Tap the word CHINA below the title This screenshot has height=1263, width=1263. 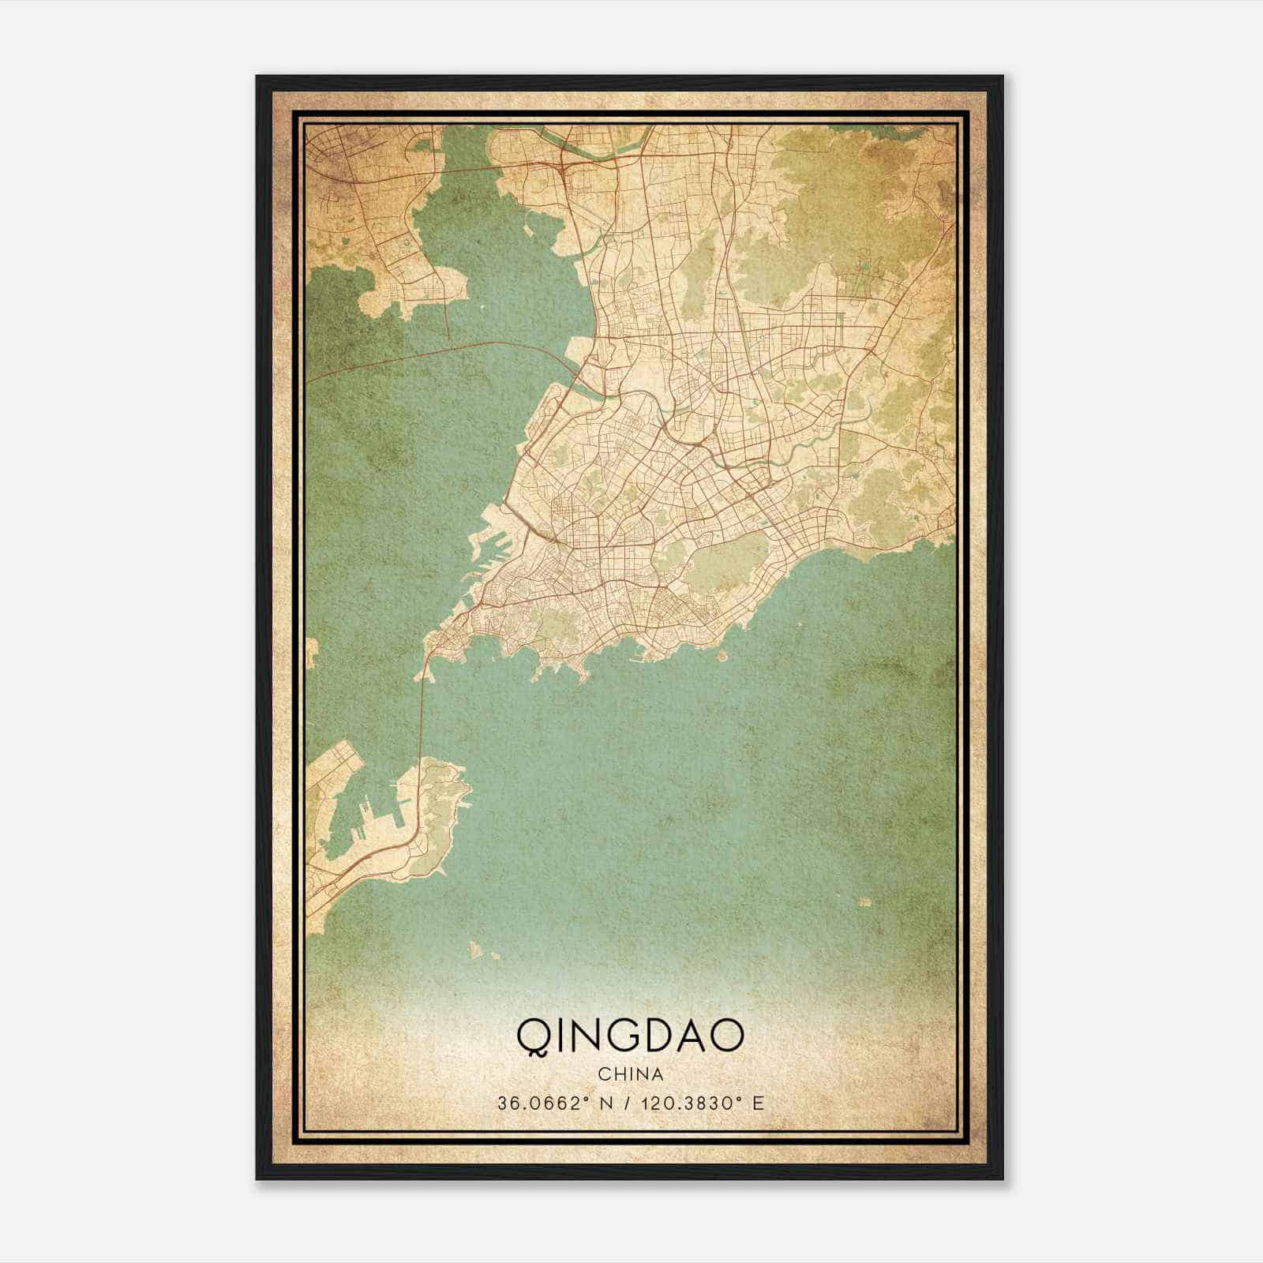[630, 1074]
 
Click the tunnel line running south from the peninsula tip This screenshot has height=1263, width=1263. [423, 710]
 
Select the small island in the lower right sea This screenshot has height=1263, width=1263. [865, 901]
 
